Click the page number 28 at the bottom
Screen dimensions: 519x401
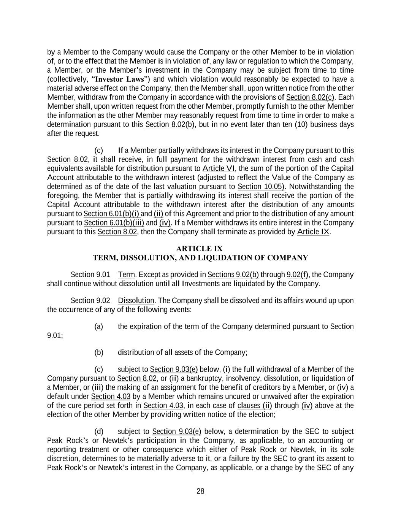[x=200, y=491]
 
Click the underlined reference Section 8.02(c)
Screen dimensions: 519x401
[x=310, y=97]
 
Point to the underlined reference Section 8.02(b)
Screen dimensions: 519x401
[x=170, y=125]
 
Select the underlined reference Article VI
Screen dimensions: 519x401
[x=219, y=168]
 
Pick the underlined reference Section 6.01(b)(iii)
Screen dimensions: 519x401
[x=114, y=223]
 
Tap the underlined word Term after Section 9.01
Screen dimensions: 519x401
[x=126, y=275]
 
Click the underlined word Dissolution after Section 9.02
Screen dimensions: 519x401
[x=136, y=301]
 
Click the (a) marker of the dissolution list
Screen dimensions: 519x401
[x=98, y=327]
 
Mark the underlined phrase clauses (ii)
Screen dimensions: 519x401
[x=254, y=406]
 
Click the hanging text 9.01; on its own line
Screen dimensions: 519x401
[x=55, y=336]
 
